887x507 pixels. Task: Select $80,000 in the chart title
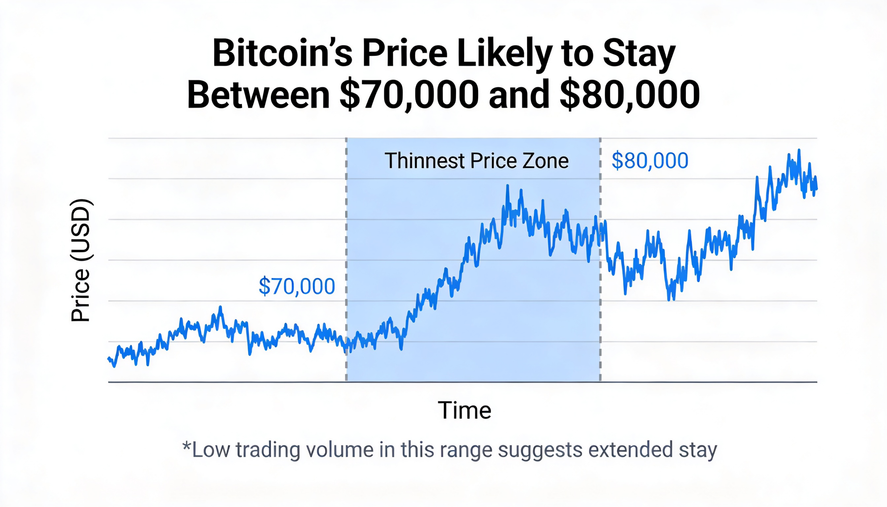(630, 95)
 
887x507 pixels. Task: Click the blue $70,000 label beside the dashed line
(297, 286)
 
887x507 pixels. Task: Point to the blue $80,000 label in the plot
(650, 160)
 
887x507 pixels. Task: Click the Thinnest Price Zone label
(476, 161)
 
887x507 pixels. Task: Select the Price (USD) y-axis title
(80, 260)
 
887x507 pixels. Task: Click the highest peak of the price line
(799, 150)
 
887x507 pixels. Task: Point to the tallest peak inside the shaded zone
(508, 186)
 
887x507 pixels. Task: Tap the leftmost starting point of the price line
(108, 358)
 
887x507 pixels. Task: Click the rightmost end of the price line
(817, 189)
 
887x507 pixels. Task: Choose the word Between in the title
(258, 95)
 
